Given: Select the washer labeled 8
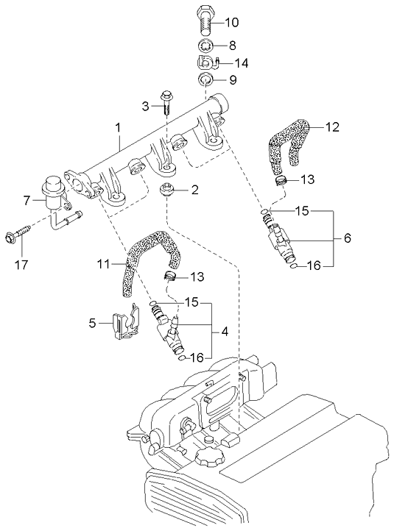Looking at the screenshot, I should click(206, 45).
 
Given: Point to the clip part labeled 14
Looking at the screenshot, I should click(206, 63).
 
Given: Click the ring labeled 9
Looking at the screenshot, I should click(206, 79).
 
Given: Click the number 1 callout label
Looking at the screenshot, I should click(117, 128).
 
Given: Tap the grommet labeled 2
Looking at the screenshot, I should click(168, 194).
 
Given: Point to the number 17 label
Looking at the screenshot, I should click(21, 261).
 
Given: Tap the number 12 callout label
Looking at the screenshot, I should click(332, 126).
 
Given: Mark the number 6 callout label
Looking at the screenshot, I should click(347, 239).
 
